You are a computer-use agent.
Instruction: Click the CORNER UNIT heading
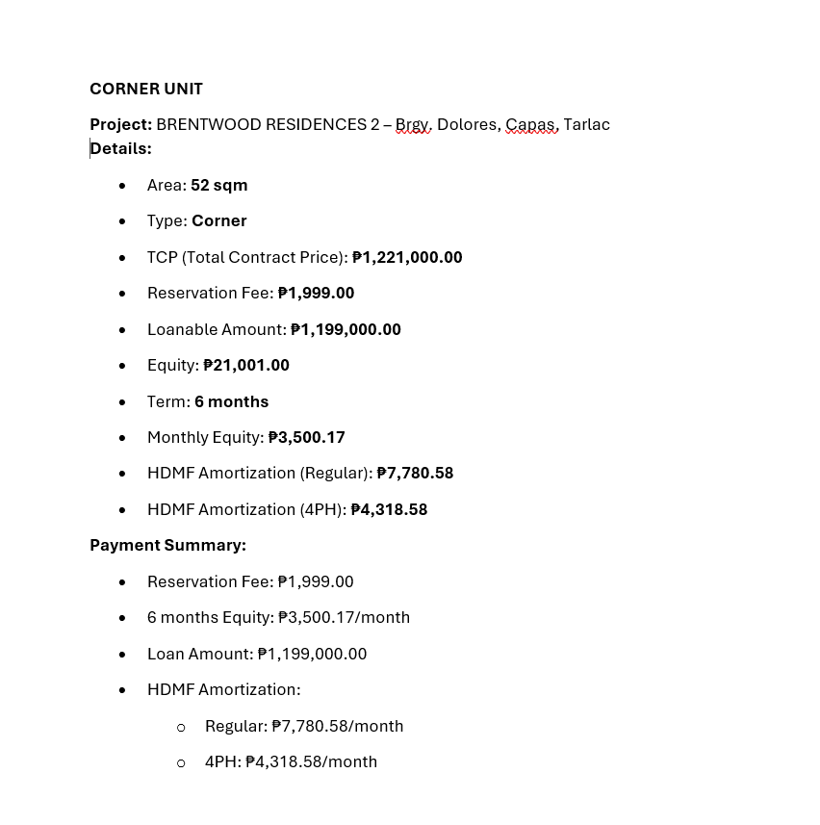coord(146,89)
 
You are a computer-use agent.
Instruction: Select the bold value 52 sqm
coord(218,185)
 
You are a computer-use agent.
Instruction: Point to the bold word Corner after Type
coord(218,220)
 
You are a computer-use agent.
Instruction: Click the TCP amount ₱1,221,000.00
coord(407,257)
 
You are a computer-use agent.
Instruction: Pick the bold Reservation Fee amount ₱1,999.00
coord(316,293)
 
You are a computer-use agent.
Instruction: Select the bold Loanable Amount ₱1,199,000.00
coord(346,329)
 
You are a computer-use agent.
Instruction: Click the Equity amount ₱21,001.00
coord(246,365)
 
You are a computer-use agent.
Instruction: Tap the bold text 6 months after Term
coord(231,401)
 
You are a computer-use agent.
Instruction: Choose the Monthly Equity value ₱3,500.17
coord(306,437)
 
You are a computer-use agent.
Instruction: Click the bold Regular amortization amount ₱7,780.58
coord(415,473)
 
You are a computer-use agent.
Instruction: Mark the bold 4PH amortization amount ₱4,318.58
coord(389,509)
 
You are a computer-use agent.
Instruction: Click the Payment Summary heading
coord(167,545)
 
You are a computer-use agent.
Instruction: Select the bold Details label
coord(121,148)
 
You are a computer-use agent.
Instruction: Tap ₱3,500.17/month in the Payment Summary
coord(344,617)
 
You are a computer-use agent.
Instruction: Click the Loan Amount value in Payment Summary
coord(312,654)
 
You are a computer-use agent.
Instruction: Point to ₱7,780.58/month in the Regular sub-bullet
coord(337,726)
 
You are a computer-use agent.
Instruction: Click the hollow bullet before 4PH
coord(181,762)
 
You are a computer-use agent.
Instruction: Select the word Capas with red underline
coord(530,124)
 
